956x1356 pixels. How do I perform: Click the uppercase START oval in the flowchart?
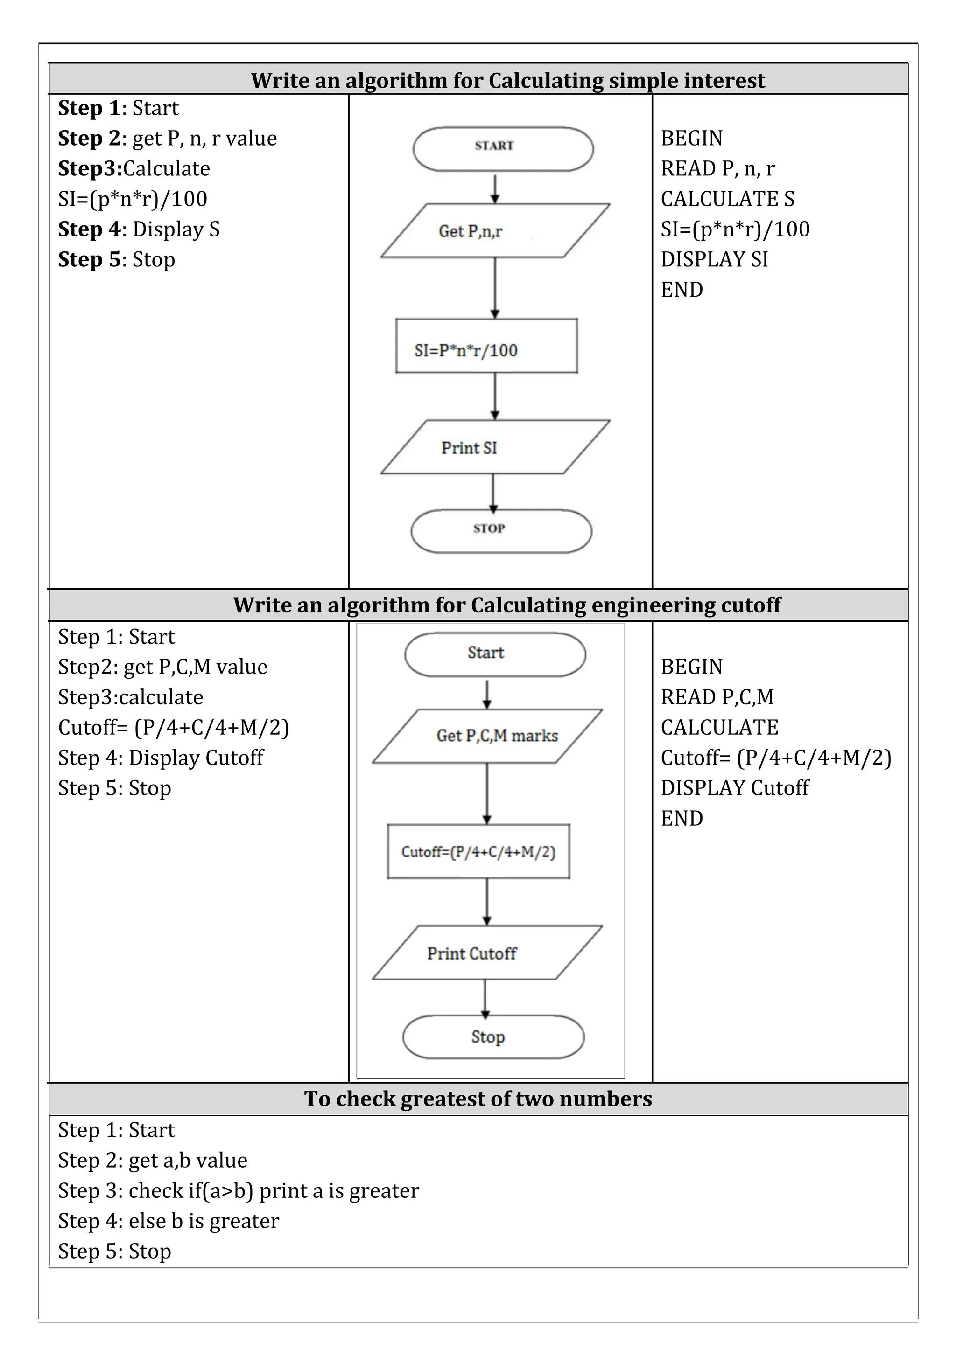(x=503, y=149)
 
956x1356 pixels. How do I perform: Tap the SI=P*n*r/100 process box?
(x=486, y=346)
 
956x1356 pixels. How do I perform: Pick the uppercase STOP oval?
(x=501, y=531)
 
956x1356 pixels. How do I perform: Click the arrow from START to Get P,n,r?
(x=495, y=188)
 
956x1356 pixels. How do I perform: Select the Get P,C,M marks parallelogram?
(x=487, y=736)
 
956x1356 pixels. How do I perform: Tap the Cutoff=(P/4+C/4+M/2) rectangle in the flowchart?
(x=478, y=852)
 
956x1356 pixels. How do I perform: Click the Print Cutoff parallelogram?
(x=487, y=953)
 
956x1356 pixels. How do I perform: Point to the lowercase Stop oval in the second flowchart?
(x=493, y=1037)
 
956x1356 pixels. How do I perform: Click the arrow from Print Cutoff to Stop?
(x=485, y=998)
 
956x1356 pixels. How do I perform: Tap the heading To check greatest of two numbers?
(x=478, y=1099)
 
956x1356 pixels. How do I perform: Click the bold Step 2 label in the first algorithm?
(x=89, y=138)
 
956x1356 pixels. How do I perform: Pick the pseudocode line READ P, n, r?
(x=717, y=169)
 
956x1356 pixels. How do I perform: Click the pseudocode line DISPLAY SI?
(x=714, y=259)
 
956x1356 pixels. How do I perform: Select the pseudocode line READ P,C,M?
(x=717, y=697)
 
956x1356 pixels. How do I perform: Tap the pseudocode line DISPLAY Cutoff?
(x=734, y=788)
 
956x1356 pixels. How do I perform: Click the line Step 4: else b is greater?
(x=169, y=1221)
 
